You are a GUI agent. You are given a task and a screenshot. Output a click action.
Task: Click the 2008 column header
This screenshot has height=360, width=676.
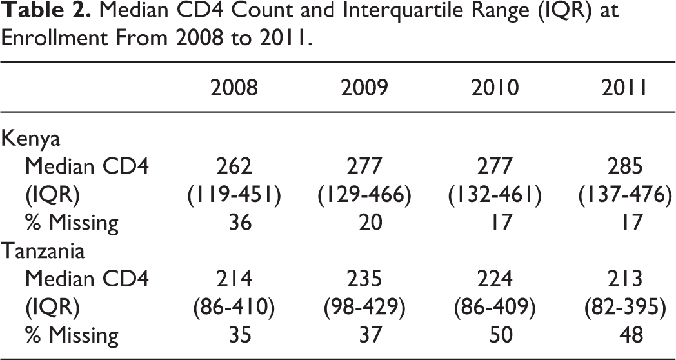234,88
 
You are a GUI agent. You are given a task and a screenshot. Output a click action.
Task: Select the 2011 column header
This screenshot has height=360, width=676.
624,88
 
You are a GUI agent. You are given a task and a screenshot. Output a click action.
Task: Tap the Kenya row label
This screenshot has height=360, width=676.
30,140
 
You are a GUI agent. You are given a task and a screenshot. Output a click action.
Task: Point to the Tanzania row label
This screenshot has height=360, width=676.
43,251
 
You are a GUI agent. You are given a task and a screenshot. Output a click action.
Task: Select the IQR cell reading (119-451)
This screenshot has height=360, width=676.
234,195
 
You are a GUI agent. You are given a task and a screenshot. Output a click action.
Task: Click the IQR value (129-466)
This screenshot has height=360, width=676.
364,195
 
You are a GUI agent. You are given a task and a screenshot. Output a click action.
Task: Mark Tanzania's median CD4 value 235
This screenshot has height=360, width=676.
364,279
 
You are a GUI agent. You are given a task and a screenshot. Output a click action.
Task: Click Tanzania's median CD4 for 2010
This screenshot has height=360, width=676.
495,279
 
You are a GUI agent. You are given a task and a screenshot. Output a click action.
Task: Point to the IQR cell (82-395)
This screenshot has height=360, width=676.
624,307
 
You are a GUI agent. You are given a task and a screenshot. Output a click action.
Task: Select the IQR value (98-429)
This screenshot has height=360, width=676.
364,307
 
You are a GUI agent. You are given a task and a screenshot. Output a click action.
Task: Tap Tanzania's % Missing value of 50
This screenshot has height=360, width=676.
501,335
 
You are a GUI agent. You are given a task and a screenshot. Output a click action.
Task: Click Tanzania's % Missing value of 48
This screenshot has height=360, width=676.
631,335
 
